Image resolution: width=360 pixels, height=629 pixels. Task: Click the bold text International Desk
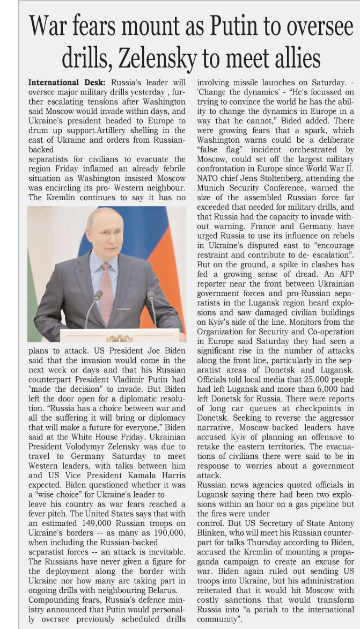(67, 83)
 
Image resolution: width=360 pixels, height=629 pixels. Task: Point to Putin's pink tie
(106, 290)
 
